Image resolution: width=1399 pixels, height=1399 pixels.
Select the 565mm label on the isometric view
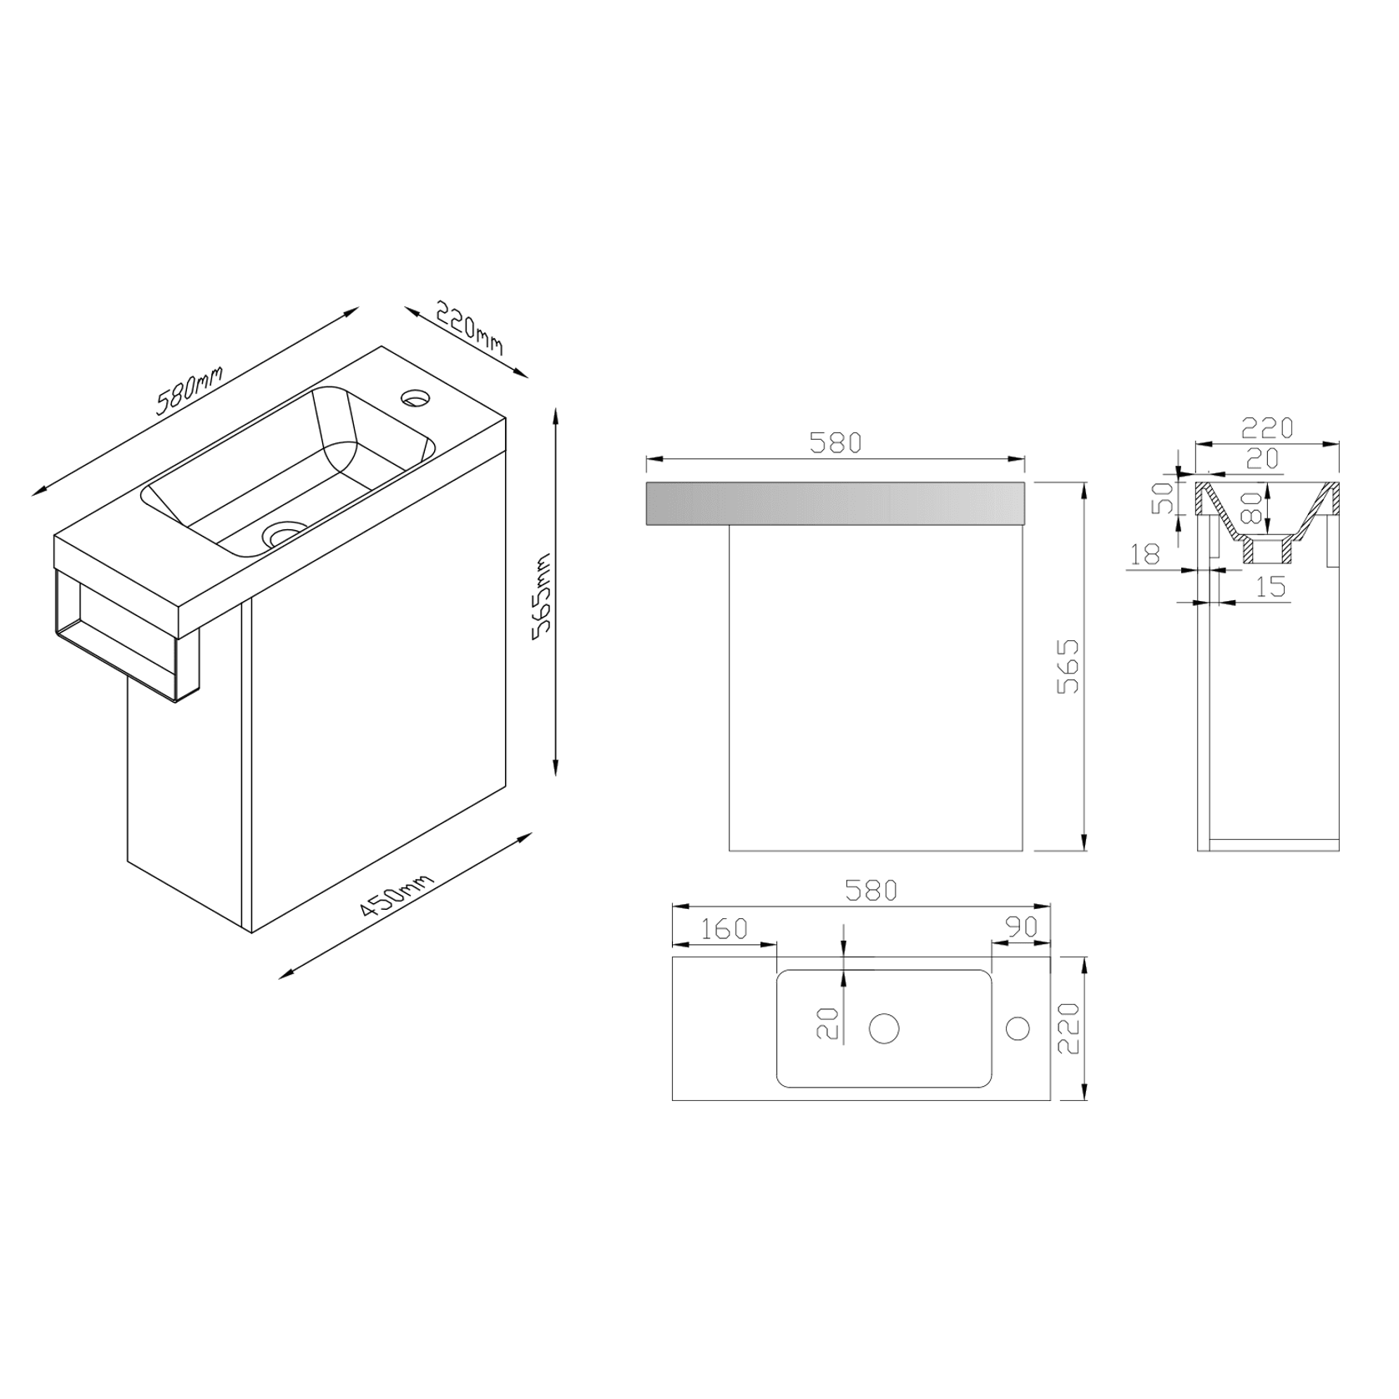543,595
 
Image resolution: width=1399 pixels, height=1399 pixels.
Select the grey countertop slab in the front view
836,503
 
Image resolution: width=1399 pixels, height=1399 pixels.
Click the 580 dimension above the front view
836,443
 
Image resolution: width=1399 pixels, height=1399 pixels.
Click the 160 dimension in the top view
723,928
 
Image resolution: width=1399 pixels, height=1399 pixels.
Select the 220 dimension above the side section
1266,427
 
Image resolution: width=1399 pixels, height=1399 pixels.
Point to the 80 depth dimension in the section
1250,507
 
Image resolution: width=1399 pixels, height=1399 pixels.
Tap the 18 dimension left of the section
1144,553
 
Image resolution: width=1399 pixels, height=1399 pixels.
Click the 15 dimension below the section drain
1270,587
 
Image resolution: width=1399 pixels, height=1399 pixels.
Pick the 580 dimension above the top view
871,891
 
